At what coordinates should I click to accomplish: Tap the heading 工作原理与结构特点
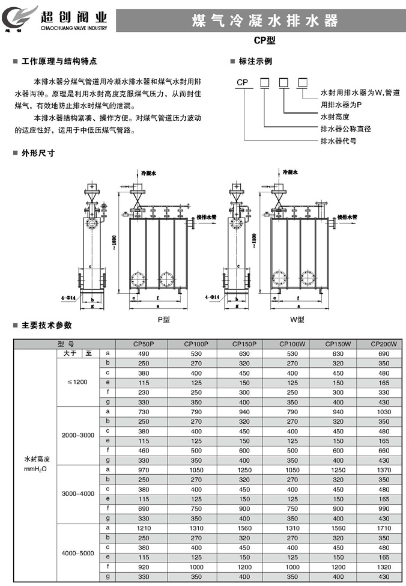click(59, 61)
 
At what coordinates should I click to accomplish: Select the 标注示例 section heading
click(255, 61)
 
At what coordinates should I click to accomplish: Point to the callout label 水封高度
click(335, 117)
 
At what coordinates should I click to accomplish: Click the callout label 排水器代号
click(338, 141)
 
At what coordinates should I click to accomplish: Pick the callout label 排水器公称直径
click(345, 129)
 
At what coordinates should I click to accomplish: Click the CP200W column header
click(384, 344)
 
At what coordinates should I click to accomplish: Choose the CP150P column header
click(244, 344)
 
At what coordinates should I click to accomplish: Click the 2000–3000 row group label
click(78, 436)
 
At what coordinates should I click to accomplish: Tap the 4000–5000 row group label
click(78, 552)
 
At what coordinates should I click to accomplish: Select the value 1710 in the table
click(384, 527)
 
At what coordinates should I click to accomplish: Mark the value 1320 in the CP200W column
click(384, 566)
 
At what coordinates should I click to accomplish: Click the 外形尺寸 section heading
click(38, 153)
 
